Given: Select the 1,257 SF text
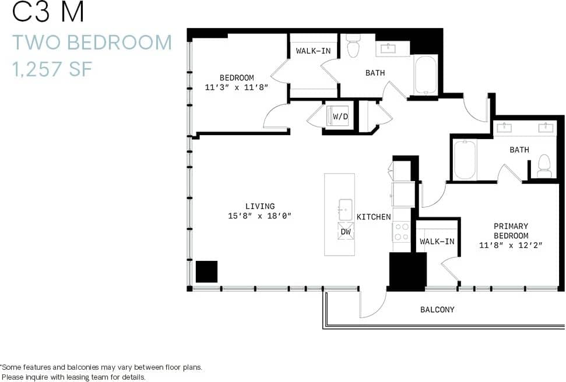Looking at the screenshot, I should tap(52, 69).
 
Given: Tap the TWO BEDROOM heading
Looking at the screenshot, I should tap(92, 43).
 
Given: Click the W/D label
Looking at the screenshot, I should tap(340, 116).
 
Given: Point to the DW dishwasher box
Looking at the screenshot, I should tap(345, 231).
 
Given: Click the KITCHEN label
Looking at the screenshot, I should tap(374, 217).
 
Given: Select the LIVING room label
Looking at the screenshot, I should tap(260, 206).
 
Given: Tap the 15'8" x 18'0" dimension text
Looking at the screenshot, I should tap(260, 216).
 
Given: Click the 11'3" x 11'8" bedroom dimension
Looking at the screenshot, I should tap(237, 88).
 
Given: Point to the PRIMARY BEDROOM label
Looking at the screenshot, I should tap(511, 231).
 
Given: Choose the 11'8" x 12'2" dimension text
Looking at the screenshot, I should tap(511, 245).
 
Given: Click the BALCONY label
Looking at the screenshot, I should tap(437, 310).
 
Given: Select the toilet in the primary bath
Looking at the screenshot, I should tap(544, 166).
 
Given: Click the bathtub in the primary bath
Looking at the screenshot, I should tap(465, 160).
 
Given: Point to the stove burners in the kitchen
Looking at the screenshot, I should tap(402, 232).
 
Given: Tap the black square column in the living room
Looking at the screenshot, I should tap(206, 271).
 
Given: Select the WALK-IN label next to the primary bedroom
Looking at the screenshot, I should tap(437, 241).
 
